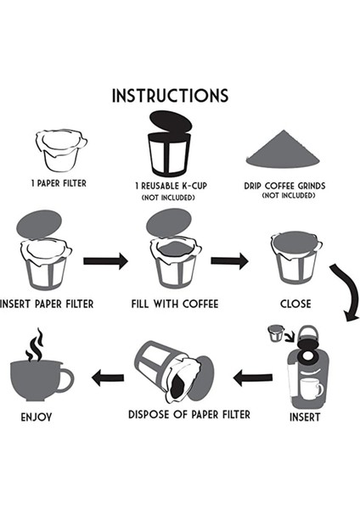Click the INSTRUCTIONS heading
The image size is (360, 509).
click(x=170, y=94)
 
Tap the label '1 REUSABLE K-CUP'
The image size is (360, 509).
click(x=169, y=185)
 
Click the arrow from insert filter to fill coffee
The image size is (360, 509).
click(x=106, y=260)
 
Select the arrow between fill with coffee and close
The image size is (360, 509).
click(x=229, y=260)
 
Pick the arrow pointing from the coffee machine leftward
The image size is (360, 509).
click(x=253, y=378)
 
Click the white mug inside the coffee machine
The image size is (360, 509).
click(x=311, y=389)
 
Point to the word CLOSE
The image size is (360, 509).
click(x=295, y=304)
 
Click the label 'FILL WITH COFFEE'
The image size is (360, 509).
click(x=175, y=304)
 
